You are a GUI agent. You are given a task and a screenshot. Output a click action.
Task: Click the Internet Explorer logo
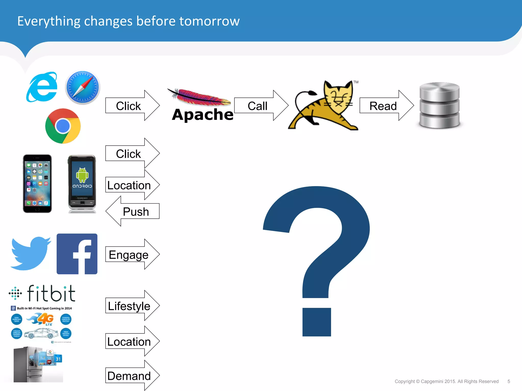point(42,87)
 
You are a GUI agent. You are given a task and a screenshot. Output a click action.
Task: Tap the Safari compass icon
point(82,87)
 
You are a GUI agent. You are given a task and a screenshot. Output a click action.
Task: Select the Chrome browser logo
point(63,126)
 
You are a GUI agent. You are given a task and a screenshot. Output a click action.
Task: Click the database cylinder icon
point(439,105)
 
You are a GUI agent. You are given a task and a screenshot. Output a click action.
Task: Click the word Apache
point(203,115)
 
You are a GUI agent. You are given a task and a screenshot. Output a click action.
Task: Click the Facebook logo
point(77,254)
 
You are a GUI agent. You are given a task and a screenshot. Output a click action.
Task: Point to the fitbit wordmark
point(51,294)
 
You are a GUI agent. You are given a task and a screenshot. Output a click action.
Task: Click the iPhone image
point(37,184)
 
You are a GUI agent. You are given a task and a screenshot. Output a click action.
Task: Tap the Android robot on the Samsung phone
point(82,175)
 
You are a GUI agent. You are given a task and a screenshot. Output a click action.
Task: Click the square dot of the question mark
point(317,322)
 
